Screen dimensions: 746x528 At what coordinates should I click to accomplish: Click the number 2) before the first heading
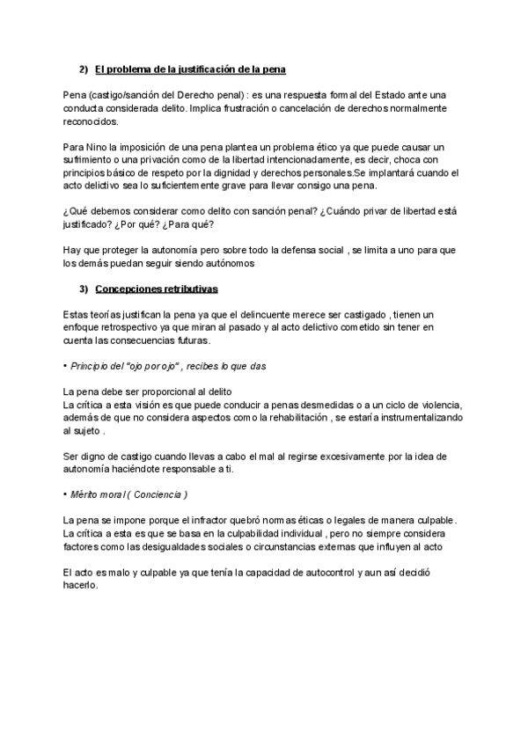(x=84, y=69)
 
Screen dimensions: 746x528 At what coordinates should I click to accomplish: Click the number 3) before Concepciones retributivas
(x=84, y=289)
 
